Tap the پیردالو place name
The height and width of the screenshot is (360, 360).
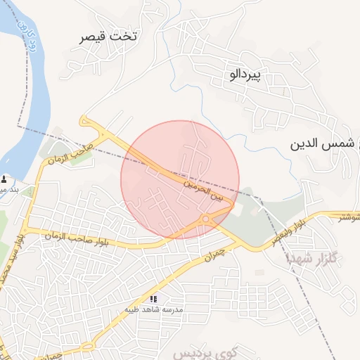pos(245,73)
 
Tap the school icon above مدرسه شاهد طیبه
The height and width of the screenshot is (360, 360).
pos(153,299)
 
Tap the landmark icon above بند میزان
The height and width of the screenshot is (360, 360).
pos(6,179)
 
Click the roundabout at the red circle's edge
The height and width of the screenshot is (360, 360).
pos(205,219)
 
